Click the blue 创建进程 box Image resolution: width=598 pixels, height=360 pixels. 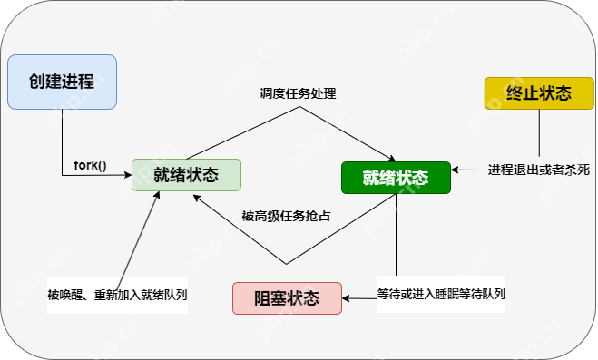(63, 82)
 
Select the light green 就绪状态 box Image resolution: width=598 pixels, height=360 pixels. (186, 175)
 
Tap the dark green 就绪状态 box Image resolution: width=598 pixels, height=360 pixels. (396, 176)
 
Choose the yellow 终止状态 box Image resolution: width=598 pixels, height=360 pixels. (538, 93)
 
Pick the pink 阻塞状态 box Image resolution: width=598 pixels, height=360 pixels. (287, 298)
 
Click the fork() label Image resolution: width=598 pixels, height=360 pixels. (90, 166)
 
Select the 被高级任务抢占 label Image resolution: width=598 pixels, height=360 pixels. (286, 216)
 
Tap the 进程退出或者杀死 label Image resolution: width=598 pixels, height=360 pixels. (539, 169)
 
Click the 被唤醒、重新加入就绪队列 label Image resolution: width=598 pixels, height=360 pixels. (117, 296)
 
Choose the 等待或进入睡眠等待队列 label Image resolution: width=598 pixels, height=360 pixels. (440, 294)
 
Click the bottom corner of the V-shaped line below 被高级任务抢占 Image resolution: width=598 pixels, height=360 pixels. (287, 264)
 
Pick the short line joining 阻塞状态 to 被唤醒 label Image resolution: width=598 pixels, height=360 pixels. (211, 296)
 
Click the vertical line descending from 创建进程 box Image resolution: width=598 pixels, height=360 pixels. (62, 141)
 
